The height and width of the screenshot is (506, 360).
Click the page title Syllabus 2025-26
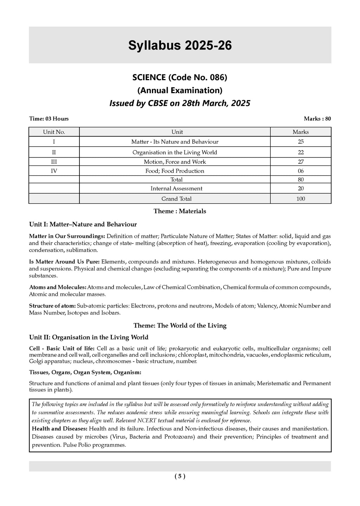click(180, 46)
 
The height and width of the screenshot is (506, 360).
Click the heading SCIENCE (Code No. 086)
click(180, 77)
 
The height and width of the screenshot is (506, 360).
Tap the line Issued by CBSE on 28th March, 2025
click(180, 103)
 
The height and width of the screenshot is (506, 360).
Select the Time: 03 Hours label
click(49, 119)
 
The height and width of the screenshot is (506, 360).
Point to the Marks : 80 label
click(317, 119)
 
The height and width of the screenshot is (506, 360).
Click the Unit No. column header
click(54, 132)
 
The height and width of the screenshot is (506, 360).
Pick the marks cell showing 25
click(301, 142)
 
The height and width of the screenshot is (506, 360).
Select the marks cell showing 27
click(301, 162)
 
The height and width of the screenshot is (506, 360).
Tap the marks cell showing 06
click(301, 171)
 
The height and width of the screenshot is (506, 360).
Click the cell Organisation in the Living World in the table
click(175, 153)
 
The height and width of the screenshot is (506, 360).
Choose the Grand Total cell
click(176, 199)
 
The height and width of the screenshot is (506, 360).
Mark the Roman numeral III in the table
click(54, 162)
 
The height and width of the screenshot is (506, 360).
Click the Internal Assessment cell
click(176, 189)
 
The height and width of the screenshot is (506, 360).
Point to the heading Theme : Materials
click(180, 211)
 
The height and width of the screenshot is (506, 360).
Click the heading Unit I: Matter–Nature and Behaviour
click(83, 224)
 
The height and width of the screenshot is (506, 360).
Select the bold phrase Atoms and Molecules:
click(58, 287)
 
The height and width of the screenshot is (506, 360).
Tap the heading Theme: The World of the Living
click(180, 326)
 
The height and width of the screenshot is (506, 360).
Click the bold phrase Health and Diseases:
click(60, 429)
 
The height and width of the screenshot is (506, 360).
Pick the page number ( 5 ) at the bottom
click(180, 476)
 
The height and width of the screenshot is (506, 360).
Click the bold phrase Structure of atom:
click(52, 306)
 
